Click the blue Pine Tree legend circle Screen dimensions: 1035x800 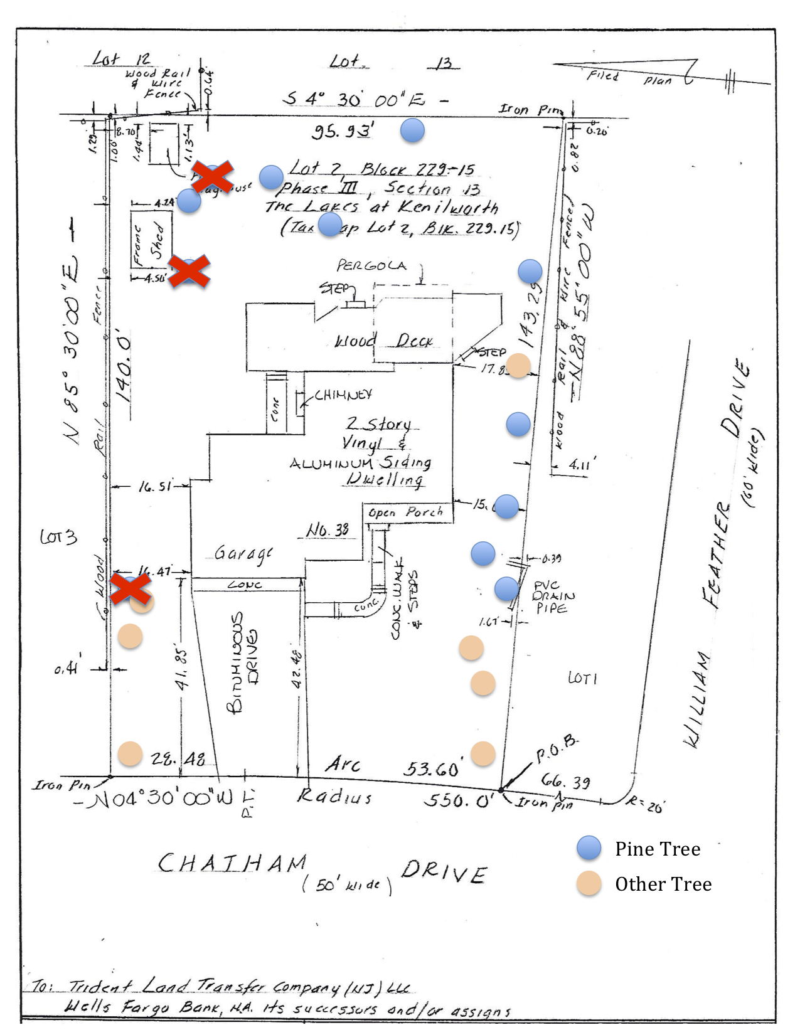(589, 848)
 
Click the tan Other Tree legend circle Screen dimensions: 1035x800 (589, 883)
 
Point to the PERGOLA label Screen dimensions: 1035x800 (371, 265)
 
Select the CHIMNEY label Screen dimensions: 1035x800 (343, 395)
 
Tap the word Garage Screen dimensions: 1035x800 (243, 553)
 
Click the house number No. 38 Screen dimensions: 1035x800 (327, 531)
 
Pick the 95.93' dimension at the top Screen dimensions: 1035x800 (343, 132)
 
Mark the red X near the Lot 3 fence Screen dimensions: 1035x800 (131, 588)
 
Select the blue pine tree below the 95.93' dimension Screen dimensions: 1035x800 (412, 130)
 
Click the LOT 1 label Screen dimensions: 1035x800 (582, 678)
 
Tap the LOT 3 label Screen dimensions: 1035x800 (58, 537)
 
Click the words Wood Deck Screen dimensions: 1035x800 (383, 341)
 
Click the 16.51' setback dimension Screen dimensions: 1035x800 (154, 486)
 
